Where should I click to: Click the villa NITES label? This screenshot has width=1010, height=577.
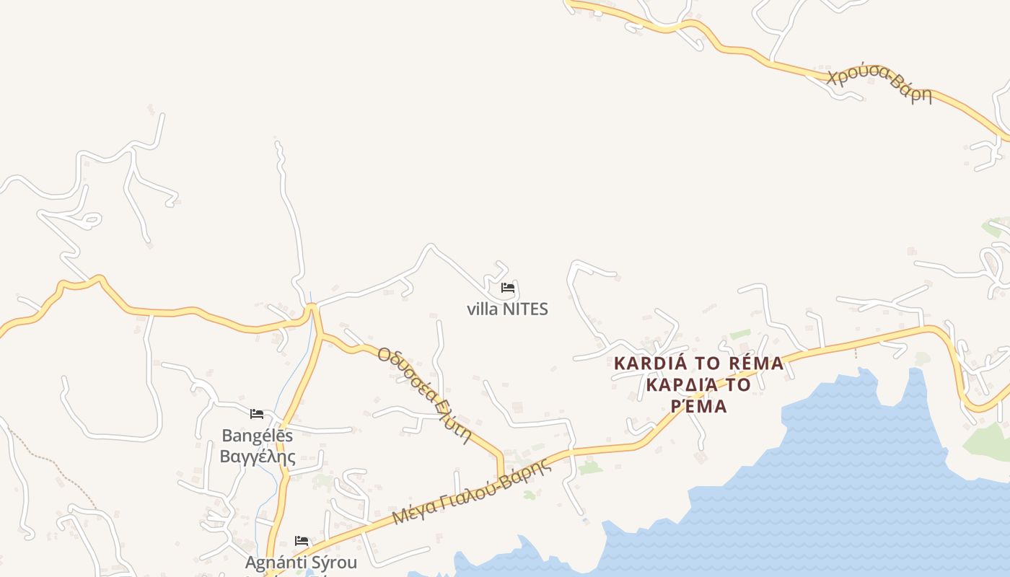[x=507, y=309]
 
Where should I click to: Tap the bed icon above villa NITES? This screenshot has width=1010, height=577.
[x=508, y=288]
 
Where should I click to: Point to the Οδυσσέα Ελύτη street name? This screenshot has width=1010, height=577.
[x=424, y=395]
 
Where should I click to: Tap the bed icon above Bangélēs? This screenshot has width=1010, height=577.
[x=257, y=414]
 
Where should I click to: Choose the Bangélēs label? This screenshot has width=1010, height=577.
[x=258, y=436]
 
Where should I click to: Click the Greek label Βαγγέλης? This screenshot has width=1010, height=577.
[x=258, y=457]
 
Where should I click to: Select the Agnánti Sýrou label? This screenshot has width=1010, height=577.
[x=301, y=562]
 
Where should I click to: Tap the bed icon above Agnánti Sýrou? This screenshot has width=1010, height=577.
[x=302, y=540]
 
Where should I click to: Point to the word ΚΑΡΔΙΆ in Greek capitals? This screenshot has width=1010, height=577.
[x=673, y=384]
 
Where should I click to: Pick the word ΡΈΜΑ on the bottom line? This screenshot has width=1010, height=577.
[x=698, y=406]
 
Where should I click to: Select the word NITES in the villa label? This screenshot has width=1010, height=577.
[x=525, y=309]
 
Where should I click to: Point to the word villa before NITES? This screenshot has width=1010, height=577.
[x=482, y=309]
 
